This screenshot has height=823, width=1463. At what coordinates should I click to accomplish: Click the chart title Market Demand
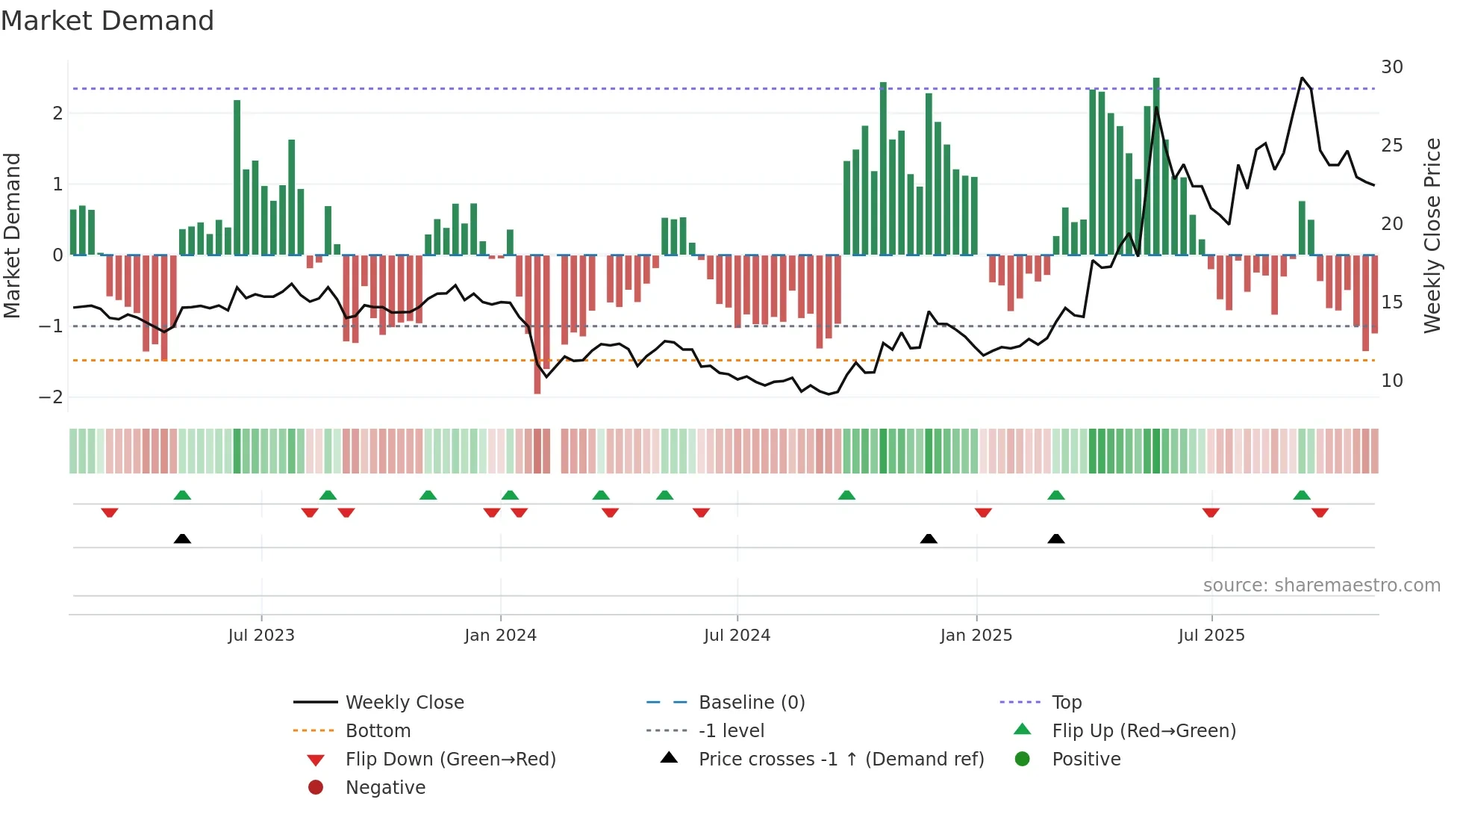(107, 21)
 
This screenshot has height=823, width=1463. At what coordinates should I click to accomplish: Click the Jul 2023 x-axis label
(261, 636)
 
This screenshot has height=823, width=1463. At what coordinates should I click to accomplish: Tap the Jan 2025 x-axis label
(976, 636)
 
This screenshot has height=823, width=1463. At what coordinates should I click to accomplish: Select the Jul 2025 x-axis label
(1211, 636)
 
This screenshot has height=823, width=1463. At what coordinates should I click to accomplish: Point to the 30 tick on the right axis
(1391, 67)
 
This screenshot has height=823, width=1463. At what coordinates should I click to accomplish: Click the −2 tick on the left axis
(51, 397)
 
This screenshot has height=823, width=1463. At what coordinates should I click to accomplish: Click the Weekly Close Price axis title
(1432, 235)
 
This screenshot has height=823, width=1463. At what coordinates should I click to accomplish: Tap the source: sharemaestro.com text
(1321, 585)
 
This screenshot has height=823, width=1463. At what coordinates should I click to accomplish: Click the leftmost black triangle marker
(182, 538)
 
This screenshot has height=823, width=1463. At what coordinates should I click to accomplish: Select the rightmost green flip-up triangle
(1302, 495)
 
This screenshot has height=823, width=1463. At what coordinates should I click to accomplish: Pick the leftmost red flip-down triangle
(110, 512)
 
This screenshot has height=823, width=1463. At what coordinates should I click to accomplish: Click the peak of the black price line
(1302, 78)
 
